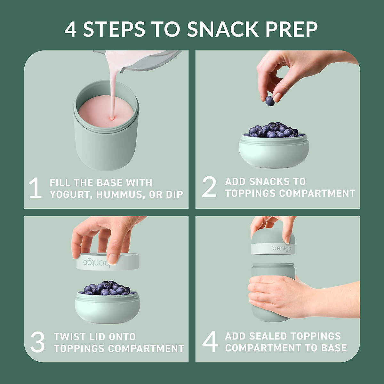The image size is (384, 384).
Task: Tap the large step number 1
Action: [x=35, y=188]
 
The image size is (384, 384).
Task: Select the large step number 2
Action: [x=209, y=187]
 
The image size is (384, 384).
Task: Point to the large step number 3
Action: [x=37, y=342]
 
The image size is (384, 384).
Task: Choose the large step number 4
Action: [x=210, y=341]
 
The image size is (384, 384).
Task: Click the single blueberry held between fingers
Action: [x=270, y=101]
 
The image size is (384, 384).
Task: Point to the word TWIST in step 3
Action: [x=69, y=337]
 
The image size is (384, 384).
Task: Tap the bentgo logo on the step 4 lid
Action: [x=282, y=248]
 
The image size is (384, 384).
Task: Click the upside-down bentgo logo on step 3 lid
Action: [x=96, y=263]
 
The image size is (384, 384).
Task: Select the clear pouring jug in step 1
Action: [x=144, y=61]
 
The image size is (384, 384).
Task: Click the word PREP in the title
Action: [x=291, y=29]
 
